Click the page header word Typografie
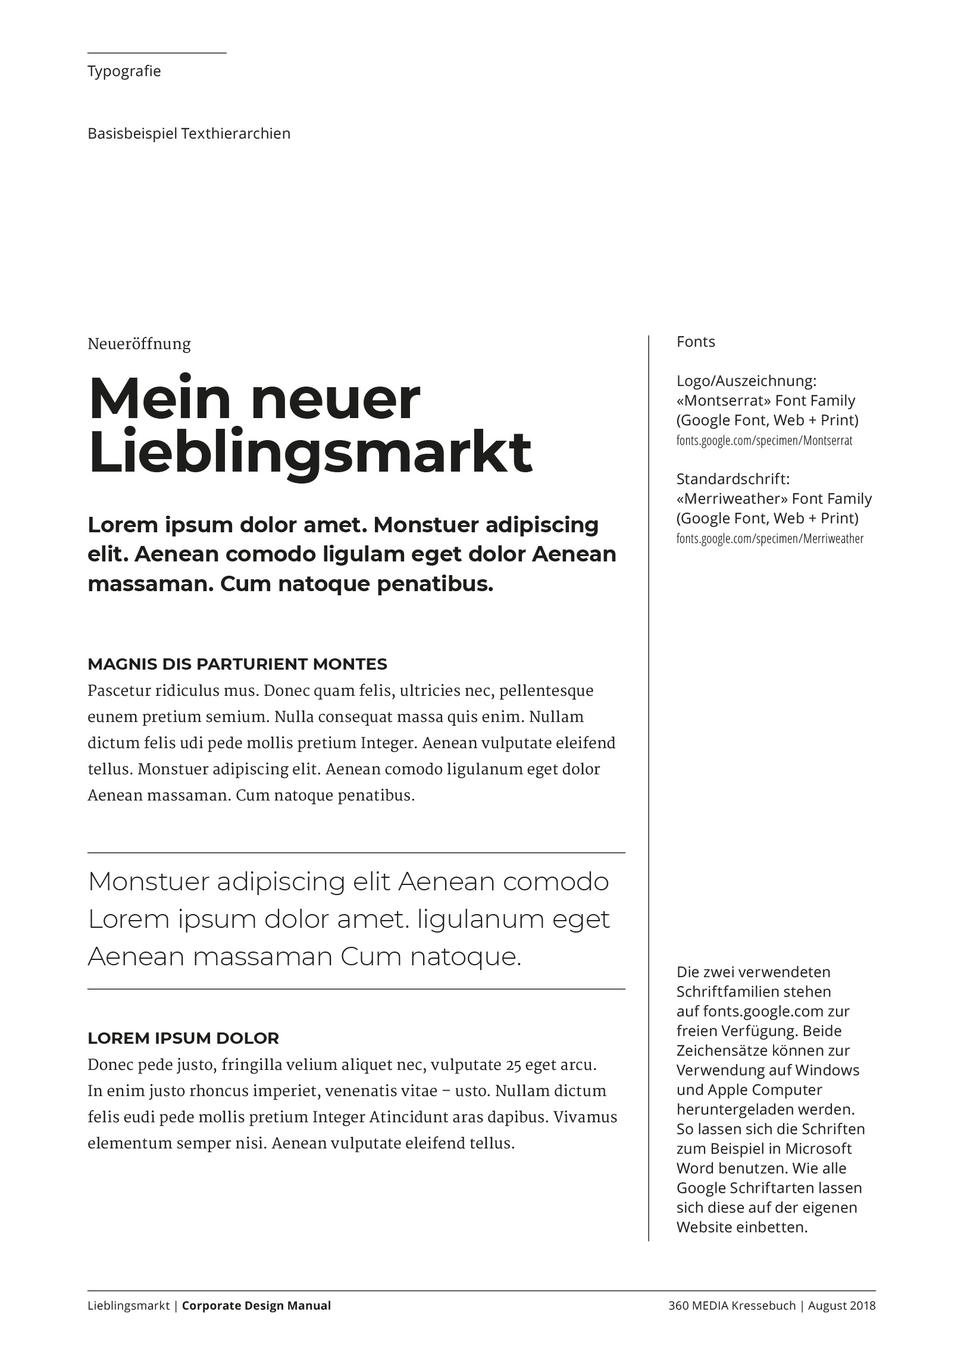pos(124,71)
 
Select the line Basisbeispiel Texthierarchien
pos(189,134)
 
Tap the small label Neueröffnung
pos(139,344)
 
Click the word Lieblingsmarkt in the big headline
pos(309,452)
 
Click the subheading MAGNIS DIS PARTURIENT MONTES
pos(237,664)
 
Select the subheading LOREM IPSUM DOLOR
pos(183,1038)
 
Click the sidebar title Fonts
pos(695,342)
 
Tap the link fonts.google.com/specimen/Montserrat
pos(764,441)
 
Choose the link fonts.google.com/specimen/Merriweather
pos(769,539)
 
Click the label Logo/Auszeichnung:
pos(746,381)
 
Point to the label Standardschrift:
pos(733,479)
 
